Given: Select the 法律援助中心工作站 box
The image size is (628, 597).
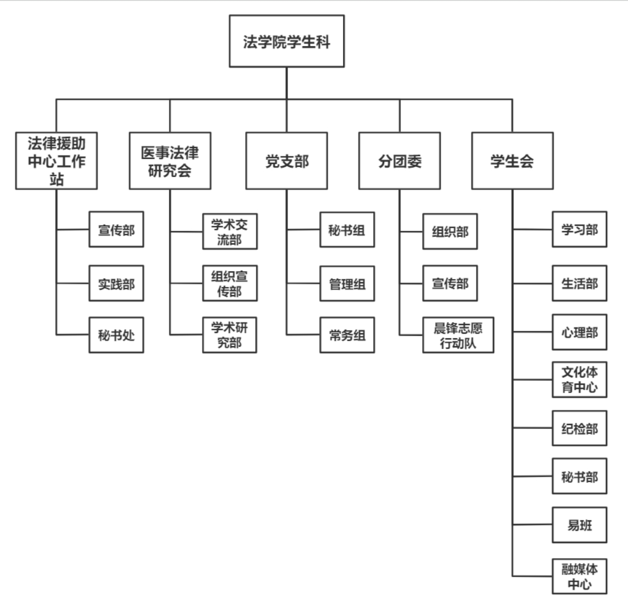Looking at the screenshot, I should coord(57,161).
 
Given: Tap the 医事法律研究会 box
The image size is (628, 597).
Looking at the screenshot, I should coord(170,161).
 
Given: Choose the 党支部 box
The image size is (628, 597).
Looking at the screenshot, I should coord(286,161).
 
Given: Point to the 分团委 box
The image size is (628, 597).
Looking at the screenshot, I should coord(400,161).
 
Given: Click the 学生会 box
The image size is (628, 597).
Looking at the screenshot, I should coord(512,161).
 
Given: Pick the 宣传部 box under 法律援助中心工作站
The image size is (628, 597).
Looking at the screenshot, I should coord(116,229).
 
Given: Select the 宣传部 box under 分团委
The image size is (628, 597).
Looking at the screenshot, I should coord(450,283).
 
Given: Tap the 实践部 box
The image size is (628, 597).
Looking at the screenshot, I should coord(116,283).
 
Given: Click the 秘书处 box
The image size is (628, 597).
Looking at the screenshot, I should coord(116,335).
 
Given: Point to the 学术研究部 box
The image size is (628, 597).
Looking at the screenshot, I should coord(230,335).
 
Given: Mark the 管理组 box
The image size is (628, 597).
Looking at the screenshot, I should coord(347,283).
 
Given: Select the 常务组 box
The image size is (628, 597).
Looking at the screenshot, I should coord(347,335).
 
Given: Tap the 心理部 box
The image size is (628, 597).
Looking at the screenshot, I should coord(580,332).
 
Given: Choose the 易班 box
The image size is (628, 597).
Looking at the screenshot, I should coord(580,525).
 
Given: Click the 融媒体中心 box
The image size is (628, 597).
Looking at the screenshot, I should coord(580,575).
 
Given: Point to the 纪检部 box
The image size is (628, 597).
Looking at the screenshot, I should coord(580,428).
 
